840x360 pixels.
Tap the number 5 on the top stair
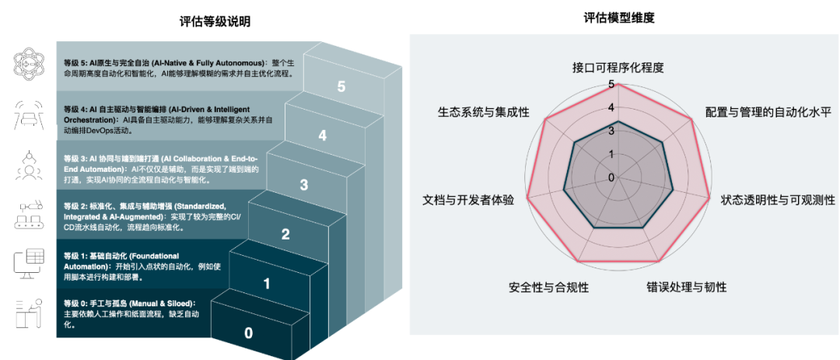tap(341, 86)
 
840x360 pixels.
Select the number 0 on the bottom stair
tap(249, 334)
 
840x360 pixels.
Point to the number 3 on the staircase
tap(304, 185)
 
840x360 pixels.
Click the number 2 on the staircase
tap(285, 235)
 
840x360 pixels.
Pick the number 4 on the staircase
tap(323, 136)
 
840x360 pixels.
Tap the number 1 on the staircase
tap(267, 285)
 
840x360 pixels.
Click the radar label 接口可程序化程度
tap(618, 67)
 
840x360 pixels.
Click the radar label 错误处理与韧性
tap(687, 287)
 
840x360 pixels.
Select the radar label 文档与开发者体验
tap(468, 199)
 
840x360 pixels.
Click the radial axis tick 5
tap(611, 84)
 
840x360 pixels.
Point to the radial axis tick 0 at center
tap(611, 177)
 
